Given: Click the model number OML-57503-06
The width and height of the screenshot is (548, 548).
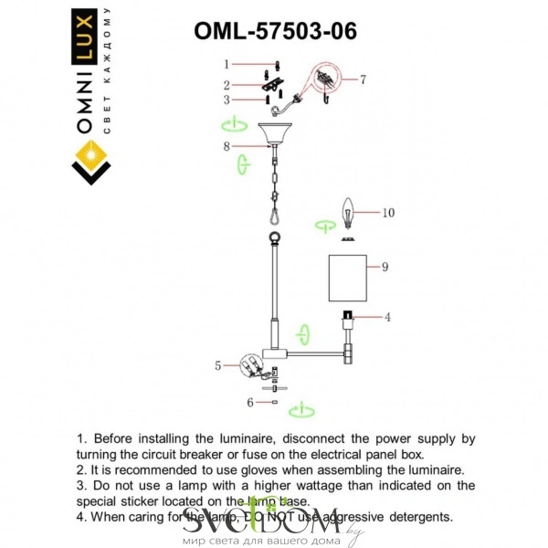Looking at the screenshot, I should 275,30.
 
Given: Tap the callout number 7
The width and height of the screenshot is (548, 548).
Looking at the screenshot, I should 363,79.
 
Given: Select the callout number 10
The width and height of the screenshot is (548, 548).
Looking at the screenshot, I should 388,212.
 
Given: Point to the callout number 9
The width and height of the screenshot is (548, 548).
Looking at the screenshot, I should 385,267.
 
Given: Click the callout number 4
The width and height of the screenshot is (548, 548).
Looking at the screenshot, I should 387,317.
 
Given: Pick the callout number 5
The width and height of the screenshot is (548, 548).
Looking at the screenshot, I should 217,365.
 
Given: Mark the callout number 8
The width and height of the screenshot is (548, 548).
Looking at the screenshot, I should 225,145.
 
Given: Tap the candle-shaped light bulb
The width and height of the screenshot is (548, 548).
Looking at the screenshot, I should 347,211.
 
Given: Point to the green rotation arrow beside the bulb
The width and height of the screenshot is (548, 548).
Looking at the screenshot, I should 323,224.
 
